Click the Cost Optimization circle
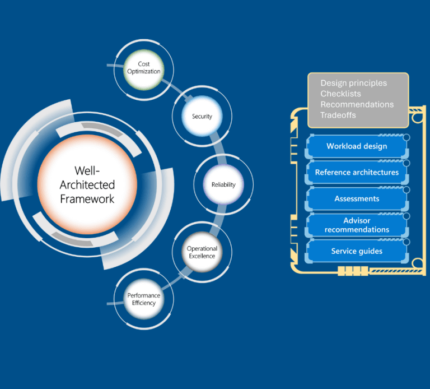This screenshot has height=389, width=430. click(144, 68)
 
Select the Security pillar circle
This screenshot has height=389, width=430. click(202, 117)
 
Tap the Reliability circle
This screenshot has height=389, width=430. click(223, 184)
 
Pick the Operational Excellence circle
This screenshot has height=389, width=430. click(202, 252)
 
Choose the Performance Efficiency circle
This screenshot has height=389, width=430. click(143, 299)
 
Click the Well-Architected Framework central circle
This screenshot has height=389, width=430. click(87, 184)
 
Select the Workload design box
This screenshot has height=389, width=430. click(357, 147)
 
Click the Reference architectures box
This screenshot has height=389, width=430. click(357, 173)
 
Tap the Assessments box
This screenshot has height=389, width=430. click(357, 198)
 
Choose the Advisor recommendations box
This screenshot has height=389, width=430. click(357, 225)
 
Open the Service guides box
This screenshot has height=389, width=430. click(357, 251)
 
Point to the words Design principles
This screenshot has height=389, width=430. click(353, 83)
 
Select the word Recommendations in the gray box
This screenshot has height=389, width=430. click(357, 104)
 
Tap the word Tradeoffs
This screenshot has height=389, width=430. click(339, 115)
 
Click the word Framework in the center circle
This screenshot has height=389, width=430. click(87, 199)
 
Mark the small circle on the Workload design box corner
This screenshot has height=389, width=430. click(406, 137)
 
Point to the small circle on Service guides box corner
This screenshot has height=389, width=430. click(406, 242)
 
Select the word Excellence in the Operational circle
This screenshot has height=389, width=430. click(202, 256)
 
